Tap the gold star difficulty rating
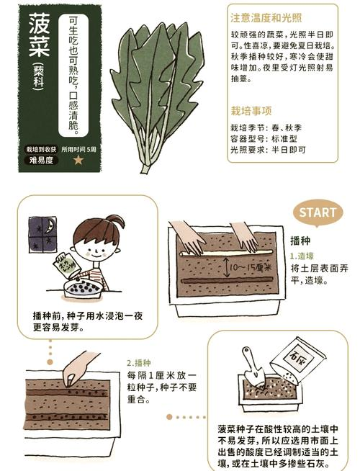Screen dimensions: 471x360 point(78,160)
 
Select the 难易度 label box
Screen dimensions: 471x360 point(41,161)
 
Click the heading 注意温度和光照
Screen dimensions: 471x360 point(266,17)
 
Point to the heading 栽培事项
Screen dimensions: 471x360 point(251,111)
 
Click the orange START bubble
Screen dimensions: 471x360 point(317,212)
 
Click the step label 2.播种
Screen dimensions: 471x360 point(140,363)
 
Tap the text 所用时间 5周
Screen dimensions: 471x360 point(78,149)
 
